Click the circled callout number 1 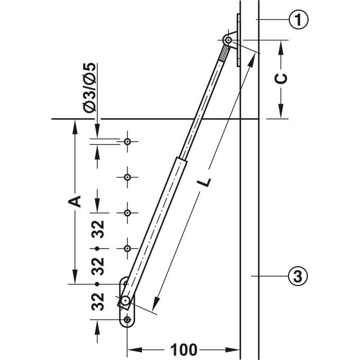[x=298, y=20]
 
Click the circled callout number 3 [x=298, y=276]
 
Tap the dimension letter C [x=281, y=78]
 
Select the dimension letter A [x=75, y=202]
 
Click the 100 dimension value [x=183, y=350]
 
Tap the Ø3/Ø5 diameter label [x=89, y=87]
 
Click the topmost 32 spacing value [x=98, y=229]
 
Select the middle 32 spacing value [x=98, y=266]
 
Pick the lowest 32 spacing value [x=98, y=302]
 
